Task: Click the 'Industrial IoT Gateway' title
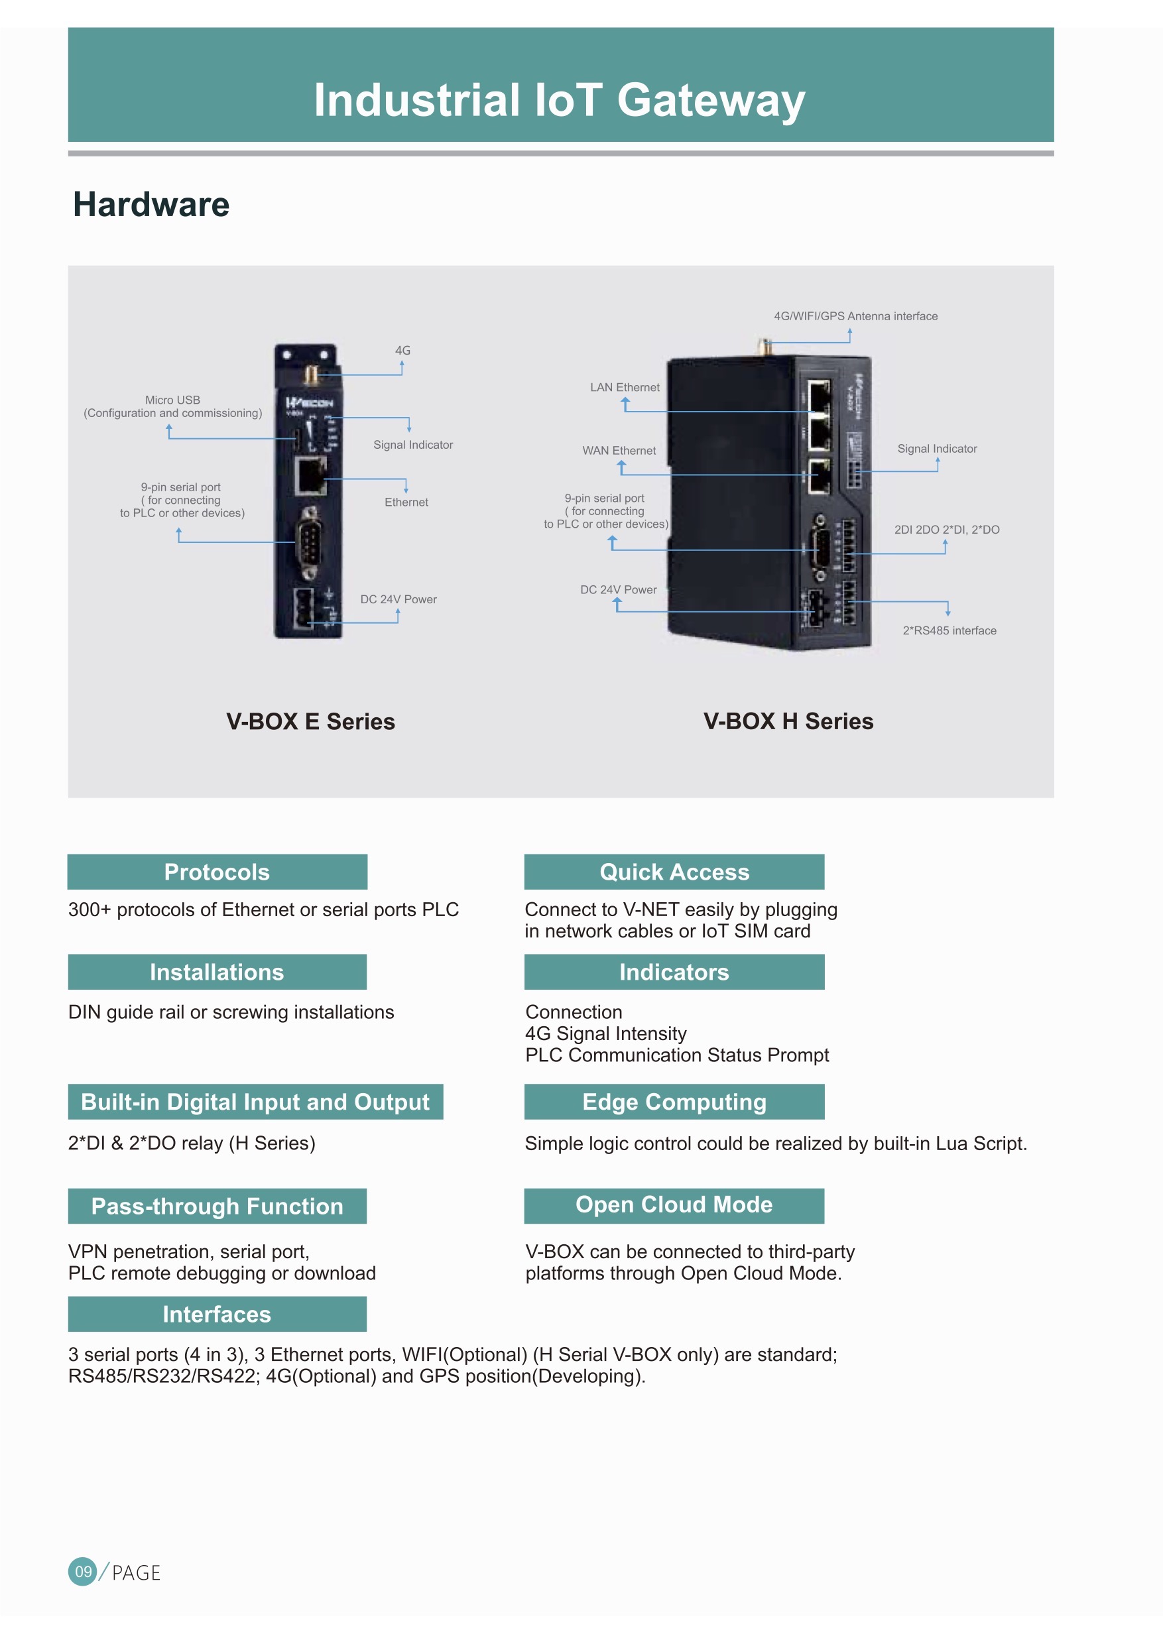560,100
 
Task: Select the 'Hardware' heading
151,205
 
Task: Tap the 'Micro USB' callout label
172,400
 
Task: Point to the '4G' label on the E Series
402,350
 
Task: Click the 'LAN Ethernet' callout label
625,387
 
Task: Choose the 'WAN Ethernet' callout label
619,450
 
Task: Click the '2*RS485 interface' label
949,630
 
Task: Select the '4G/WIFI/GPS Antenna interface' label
855,316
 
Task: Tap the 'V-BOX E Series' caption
310,721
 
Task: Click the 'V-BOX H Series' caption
788,721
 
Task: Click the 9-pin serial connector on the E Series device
310,542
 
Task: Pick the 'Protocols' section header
217,872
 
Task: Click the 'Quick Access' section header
674,872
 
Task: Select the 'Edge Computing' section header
674,1101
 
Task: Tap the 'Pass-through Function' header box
217,1206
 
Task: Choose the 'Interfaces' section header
217,1314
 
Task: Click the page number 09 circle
83,1571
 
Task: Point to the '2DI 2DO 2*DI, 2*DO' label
946,529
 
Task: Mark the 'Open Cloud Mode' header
674,1206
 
